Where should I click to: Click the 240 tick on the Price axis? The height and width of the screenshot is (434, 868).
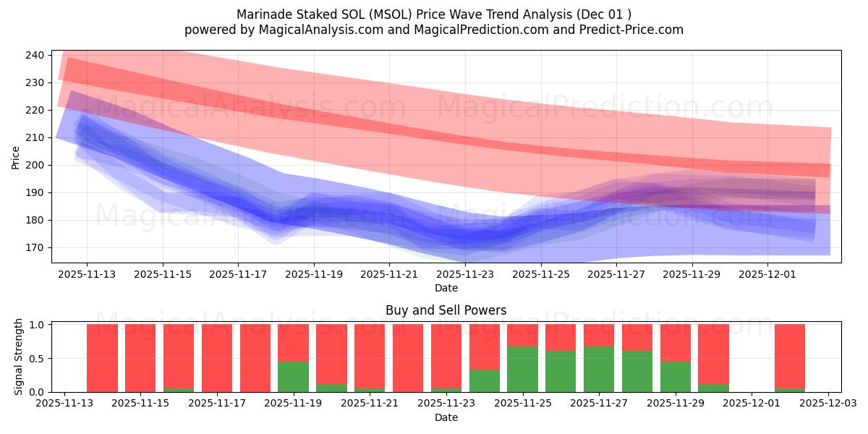37,55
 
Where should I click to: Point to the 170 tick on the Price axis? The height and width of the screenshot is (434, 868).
37,247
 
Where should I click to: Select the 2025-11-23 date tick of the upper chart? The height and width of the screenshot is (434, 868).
465,274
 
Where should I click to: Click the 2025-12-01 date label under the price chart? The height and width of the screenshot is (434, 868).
767,274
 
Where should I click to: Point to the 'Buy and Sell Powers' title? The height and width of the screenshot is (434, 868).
446,310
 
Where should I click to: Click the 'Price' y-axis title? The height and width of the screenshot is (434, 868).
16,157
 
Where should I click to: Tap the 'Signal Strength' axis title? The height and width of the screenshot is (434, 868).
19,357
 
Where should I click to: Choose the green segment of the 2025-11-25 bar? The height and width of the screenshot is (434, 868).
522,369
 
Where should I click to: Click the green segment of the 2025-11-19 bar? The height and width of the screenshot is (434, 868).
293,376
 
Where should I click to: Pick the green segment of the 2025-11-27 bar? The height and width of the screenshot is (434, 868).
599,369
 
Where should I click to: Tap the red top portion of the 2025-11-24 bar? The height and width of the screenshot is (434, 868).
484,346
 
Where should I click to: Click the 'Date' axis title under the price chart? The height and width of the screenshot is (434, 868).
446,288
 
